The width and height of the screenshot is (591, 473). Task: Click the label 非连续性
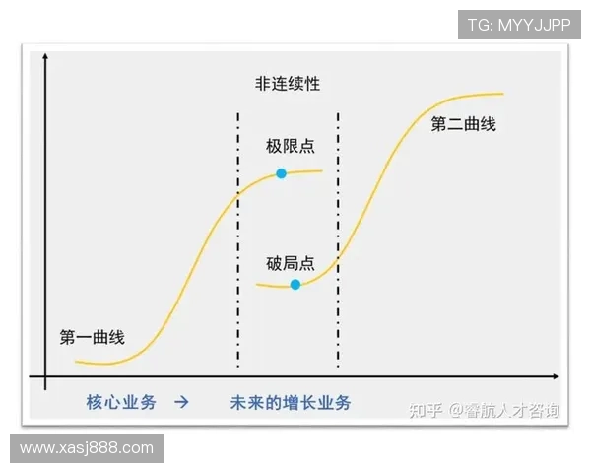[x=288, y=85]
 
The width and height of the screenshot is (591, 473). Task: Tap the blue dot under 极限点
[x=282, y=173]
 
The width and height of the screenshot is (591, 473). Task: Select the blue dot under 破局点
[x=295, y=285]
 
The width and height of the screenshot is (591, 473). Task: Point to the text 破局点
[x=290, y=263]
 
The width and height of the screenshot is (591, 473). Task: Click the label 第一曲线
[x=92, y=337]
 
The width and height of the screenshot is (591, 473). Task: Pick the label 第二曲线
[x=463, y=124]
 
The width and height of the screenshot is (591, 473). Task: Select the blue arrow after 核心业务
[x=181, y=402]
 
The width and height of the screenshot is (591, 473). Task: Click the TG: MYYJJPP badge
[x=518, y=25]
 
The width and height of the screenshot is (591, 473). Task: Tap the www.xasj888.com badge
[x=87, y=448]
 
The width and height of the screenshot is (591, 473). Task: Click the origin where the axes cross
[x=45, y=376]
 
